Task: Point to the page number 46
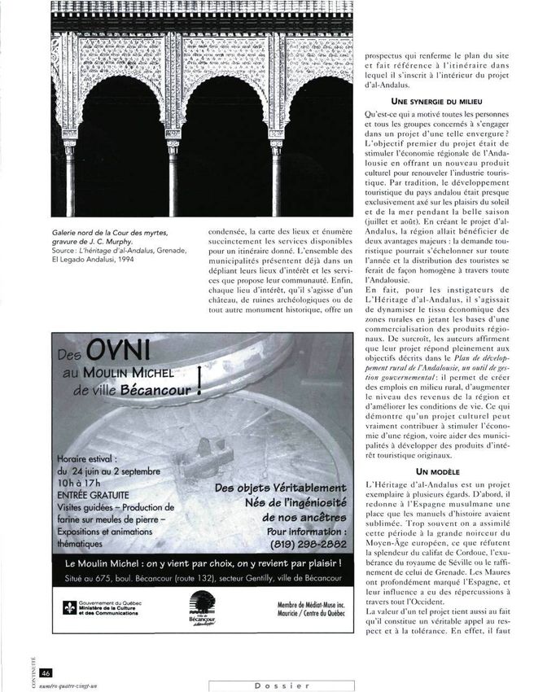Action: click(x=46, y=672)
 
